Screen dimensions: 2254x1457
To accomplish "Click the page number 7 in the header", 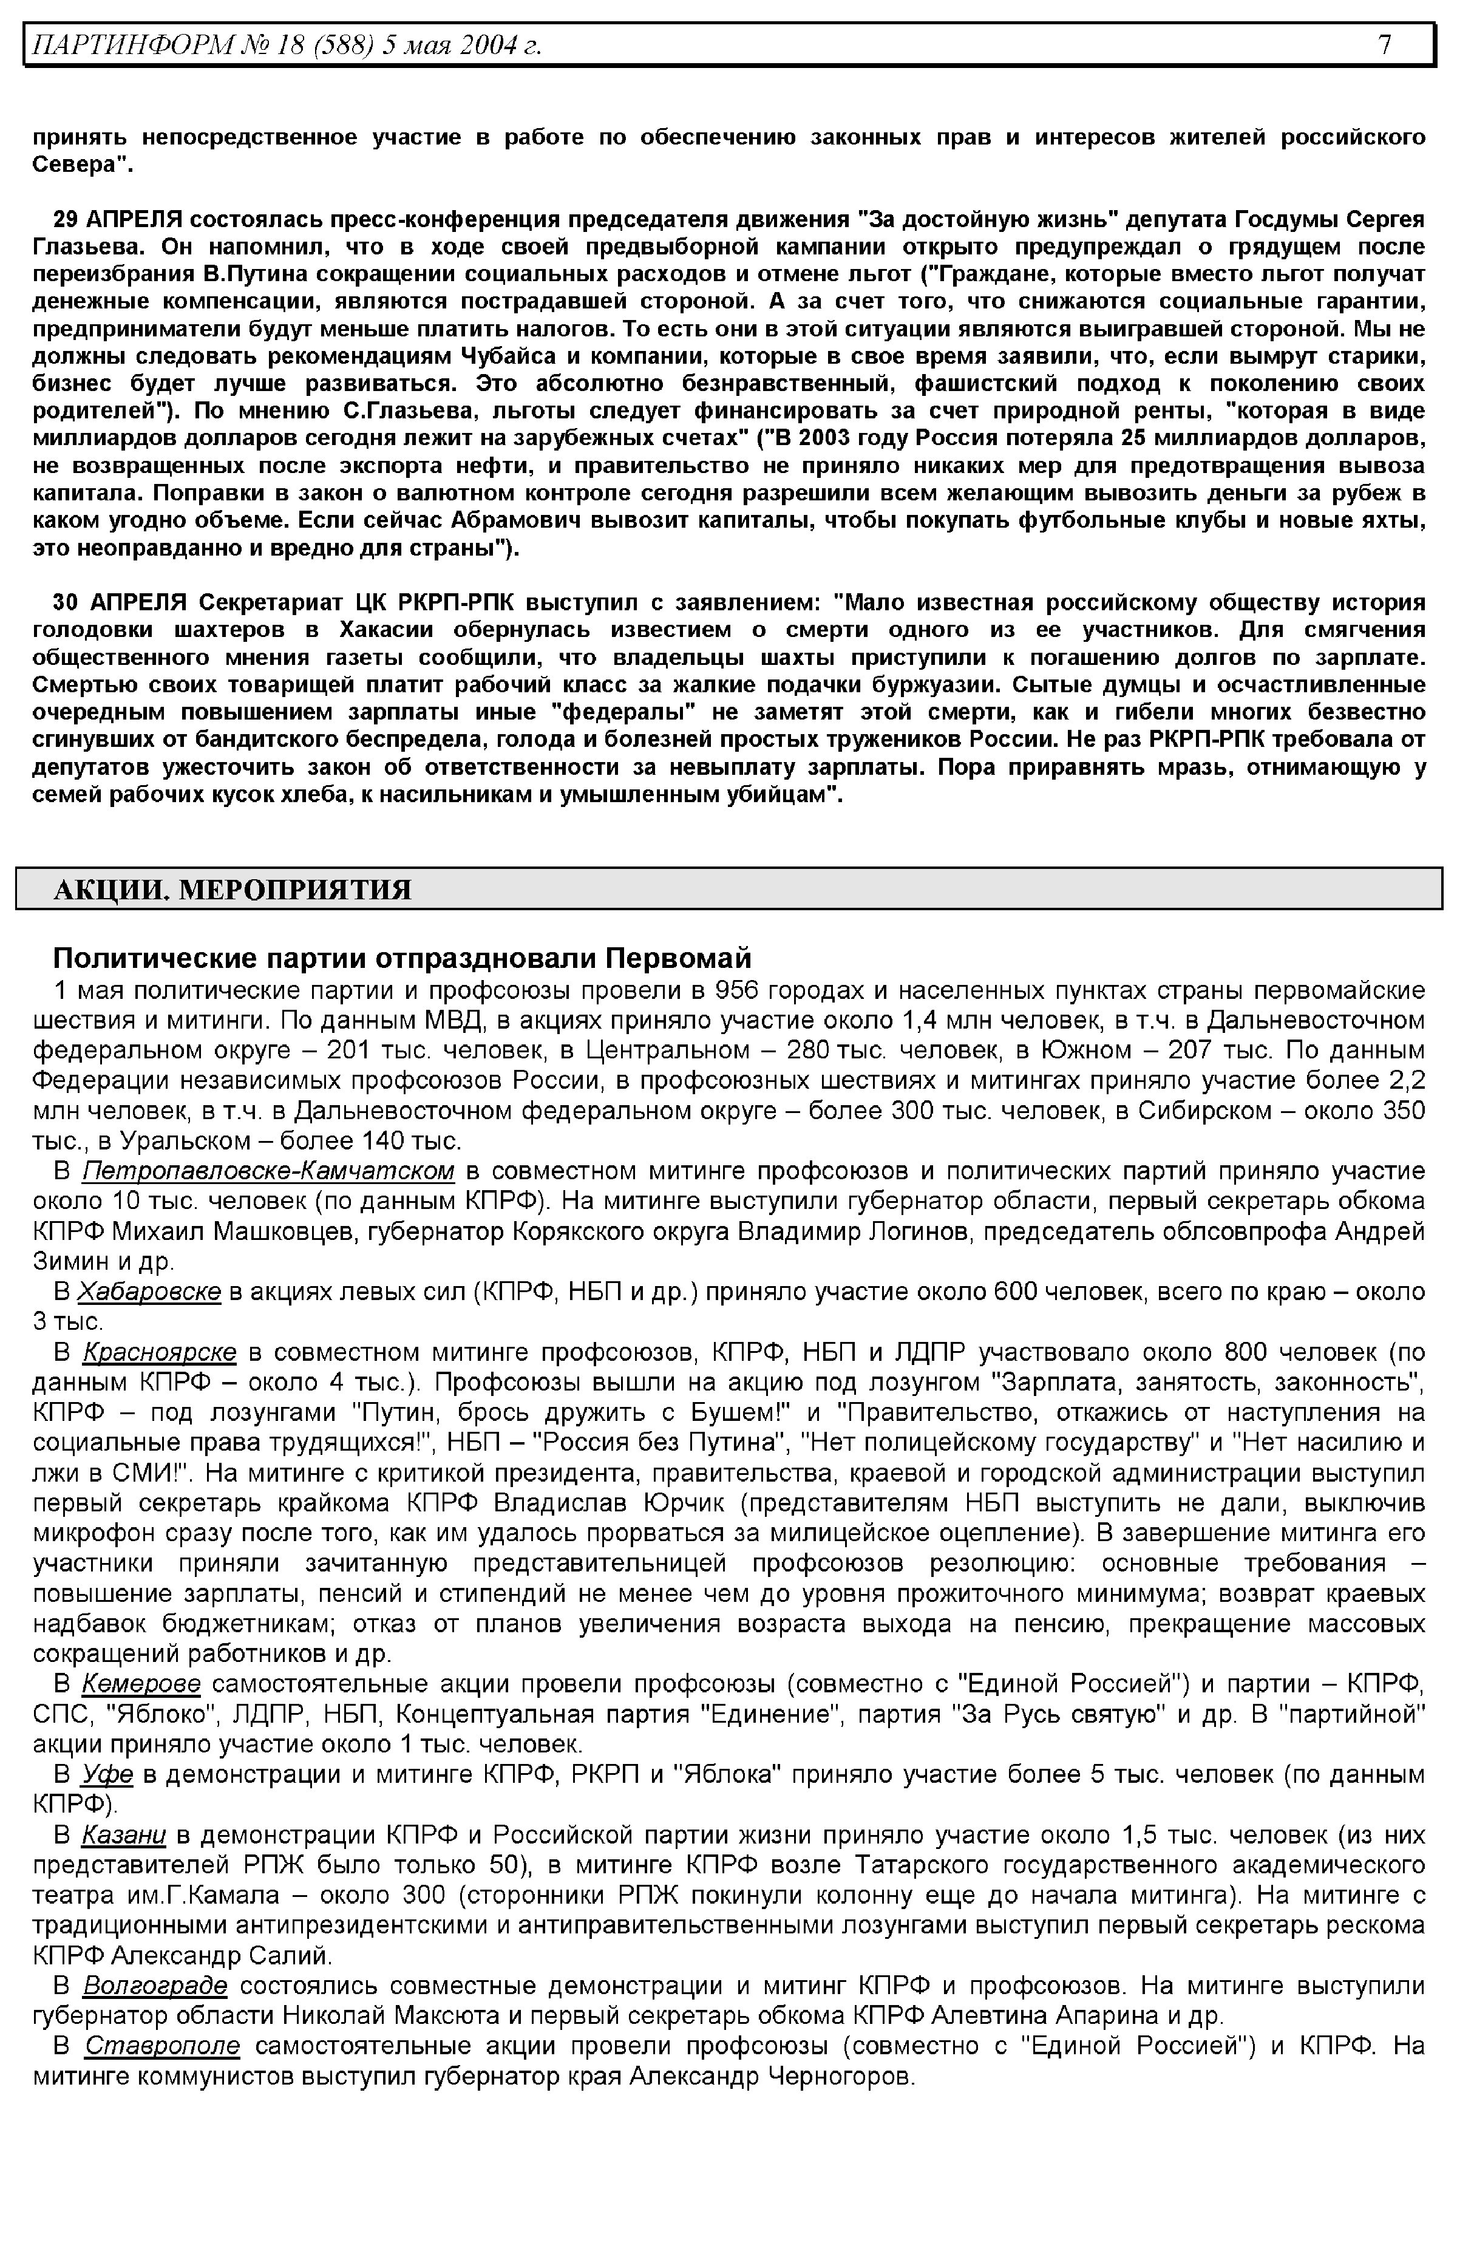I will tap(1384, 44).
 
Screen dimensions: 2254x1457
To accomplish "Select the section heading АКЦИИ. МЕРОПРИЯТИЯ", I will tap(232, 890).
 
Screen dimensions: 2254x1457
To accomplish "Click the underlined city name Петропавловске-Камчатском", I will tap(268, 1171).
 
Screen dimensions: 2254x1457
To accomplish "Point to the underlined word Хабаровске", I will tap(149, 1292).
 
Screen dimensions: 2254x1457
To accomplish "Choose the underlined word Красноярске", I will tap(159, 1352).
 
